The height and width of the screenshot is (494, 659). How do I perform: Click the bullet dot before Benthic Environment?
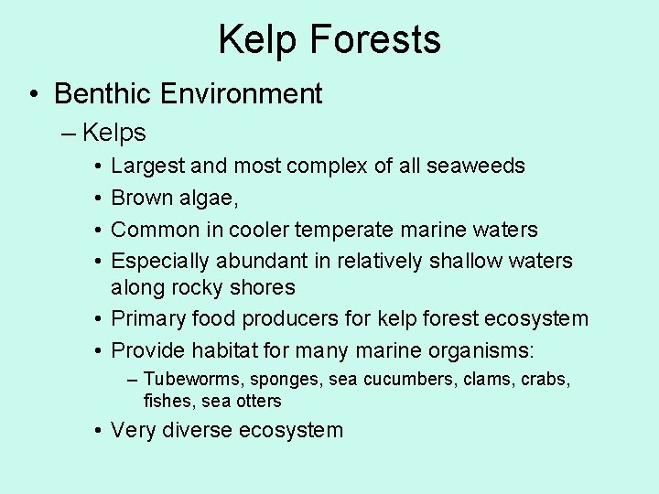pyautogui.click(x=33, y=94)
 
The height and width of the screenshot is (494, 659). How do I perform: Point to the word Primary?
pyautogui.click(x=146, y=319)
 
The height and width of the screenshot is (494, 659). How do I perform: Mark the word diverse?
pyautogui.click(x=200, y=430)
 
